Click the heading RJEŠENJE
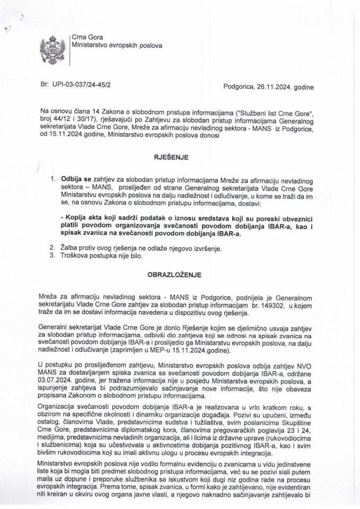[179, 157]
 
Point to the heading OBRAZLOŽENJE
[179, 276]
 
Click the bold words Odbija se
[78, 179]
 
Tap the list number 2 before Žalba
[52, 248]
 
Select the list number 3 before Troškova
[52, 257]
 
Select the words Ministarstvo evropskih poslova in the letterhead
[117, 45]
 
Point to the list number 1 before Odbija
[52, 179]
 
